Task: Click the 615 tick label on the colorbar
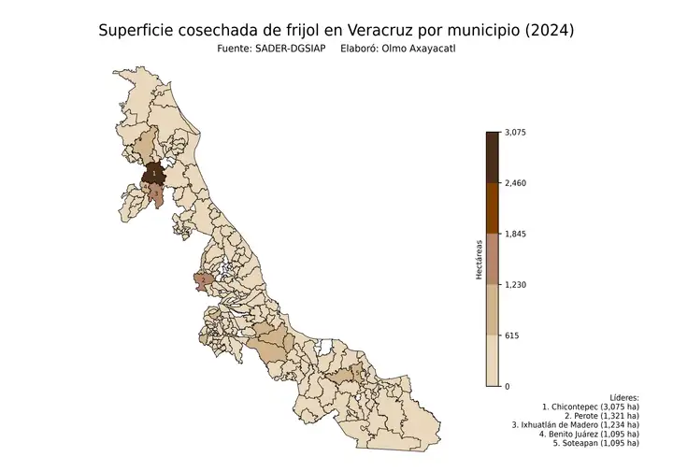[511, 335]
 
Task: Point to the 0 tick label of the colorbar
[507, 386]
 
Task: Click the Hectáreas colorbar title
[479, 259]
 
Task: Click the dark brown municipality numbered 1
[153, 174]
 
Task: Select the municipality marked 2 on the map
[203, 279]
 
